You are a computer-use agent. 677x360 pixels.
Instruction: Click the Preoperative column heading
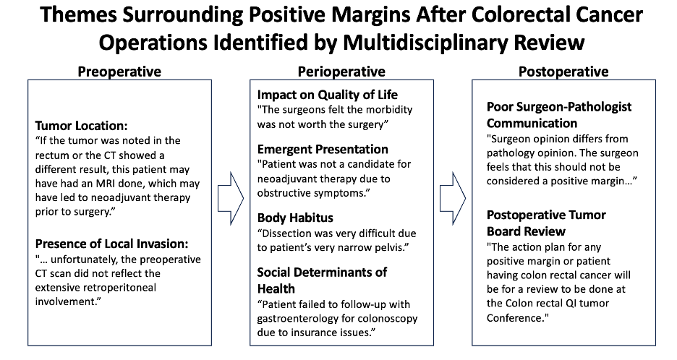click(x=119, y=72)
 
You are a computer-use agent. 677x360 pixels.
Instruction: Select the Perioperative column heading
click(x=341, y=72)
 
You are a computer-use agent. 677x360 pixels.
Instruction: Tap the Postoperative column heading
click(x=563, y=72)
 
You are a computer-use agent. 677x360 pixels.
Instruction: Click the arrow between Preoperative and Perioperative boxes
click(x=231, y=199)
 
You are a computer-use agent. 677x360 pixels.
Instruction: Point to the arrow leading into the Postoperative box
click(x=453, y=199)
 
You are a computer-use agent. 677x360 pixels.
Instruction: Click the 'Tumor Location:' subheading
click(x=81, y=126)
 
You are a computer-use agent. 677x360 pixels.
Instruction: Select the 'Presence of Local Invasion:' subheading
click(x=111, y=244)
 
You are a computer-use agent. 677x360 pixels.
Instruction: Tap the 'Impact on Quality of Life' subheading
click(x=327, y=95)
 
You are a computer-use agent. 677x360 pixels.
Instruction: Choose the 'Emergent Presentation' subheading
click(x=323, y=150)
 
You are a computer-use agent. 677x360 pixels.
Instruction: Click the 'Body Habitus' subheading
click(x=295, y=218)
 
